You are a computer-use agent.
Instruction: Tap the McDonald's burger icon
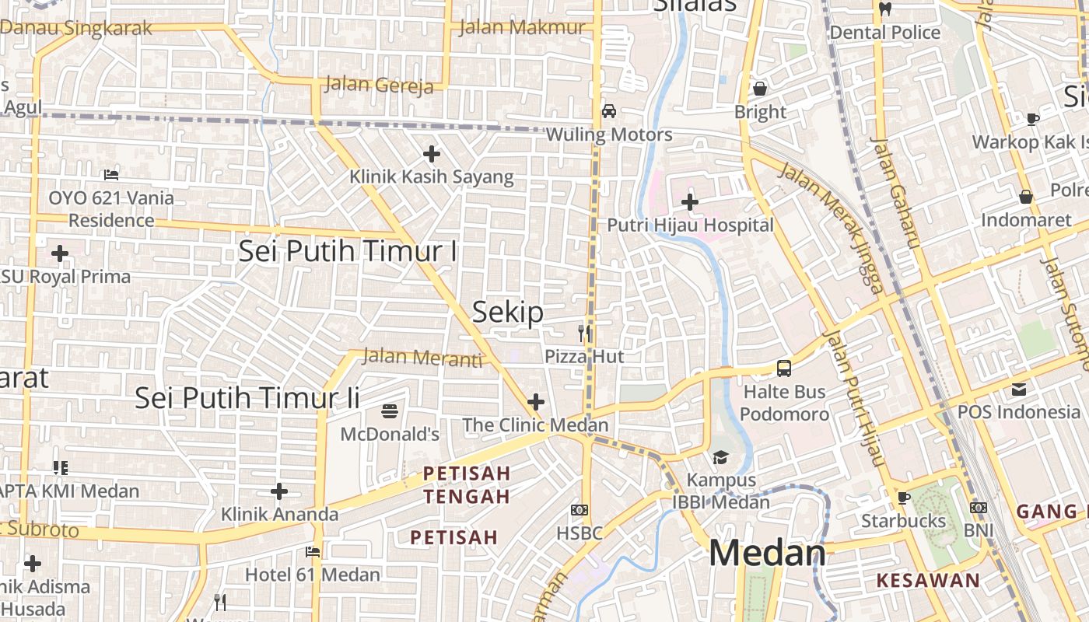[x=390, y=411]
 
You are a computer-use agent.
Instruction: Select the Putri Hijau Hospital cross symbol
[x=689, y=202]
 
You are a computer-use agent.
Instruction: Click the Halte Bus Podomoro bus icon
[x=784, y=369]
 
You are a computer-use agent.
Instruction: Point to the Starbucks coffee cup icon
[x=903, y=498]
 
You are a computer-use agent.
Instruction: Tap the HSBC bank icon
[x=580, y=510]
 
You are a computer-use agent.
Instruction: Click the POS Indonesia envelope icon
[x=1019, y=389]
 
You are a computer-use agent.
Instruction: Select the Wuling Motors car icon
[x=609, y=111]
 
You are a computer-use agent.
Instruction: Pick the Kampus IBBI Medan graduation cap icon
[x=721, y=457]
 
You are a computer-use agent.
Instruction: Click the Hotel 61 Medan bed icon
[x=313, y=552]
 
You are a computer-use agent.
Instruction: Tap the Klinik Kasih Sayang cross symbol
[x=431, y=154]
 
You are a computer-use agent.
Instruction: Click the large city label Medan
[x=767, y=554]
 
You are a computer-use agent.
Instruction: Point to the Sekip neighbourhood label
[x=508, y=313]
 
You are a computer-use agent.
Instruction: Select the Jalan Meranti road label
[x=422, y=358]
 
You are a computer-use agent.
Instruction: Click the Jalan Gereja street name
[x=379, y=84]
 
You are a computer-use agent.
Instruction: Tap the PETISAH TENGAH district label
[x=467, y=484]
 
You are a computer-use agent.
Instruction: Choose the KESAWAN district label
[x=928, y=580]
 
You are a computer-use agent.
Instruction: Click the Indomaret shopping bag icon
[x=1026, y=197]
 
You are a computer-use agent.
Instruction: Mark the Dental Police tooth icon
[x=884, y=9]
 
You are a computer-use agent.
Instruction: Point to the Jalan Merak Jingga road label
[x=832, y=229]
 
